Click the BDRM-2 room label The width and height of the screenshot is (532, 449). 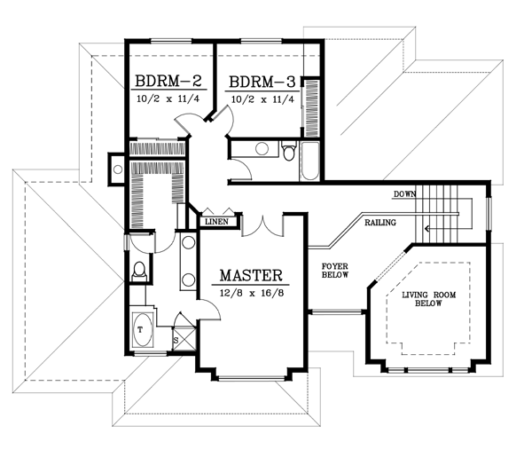pyautogui.click(x=169, y=83)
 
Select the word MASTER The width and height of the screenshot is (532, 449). pyautogui.click(x=251, y=275)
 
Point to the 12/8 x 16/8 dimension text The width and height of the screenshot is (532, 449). pyautogui.click(x=251, y=293)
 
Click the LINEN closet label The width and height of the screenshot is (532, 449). pyautogui.click(x=217, y=222)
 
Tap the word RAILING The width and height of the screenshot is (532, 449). pyautogui.click(x=379, y=223)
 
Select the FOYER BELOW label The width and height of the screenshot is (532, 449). pyautogui.click(x=335, y=270)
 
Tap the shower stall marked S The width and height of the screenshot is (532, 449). pyautogui.click(x=176, y=338)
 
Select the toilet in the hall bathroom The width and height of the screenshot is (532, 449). pyautogui.click(x=289, y=151)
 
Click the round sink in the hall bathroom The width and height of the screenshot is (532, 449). pyautogui.click(x=262, y=149)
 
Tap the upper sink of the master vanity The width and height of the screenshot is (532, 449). pyautogui.click(x=188, y=245)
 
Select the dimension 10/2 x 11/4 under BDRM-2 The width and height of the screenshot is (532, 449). pyautogui.click(x=169, y=99)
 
